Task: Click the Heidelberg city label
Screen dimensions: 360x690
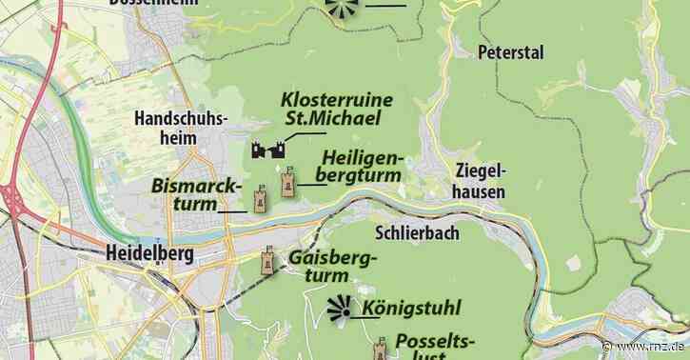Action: (146, 254)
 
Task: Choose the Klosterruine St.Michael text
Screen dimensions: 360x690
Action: (330, 109)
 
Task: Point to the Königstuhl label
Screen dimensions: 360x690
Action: (411, 308)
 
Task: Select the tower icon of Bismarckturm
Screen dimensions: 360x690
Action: (261, 198)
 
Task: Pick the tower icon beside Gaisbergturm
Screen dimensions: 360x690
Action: (270, 261)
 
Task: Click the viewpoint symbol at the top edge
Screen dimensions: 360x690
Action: (340, 8)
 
